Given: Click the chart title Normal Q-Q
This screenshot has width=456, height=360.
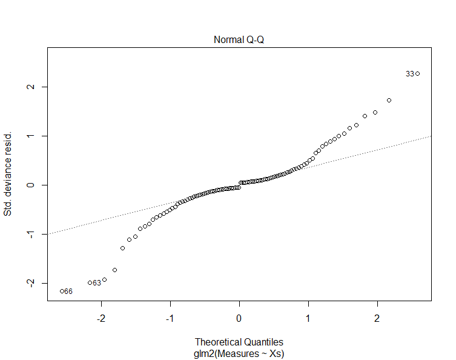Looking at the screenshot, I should (x=239, y=40).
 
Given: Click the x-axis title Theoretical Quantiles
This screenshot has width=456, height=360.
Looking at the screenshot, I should (x=239, y=342).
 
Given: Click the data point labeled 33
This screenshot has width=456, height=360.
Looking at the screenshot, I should (x=417, y=74).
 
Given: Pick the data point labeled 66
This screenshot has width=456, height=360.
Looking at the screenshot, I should (x=62, y=292).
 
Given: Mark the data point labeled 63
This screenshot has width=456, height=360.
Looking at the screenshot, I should (x=90, y=283).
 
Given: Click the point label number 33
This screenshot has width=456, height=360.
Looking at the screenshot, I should (x=410, y=74).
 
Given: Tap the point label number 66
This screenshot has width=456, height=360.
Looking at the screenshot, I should (x=68, y=292).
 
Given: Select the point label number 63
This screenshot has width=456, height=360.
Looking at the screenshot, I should (x=97, y=283).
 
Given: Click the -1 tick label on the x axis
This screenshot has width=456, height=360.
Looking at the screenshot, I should (x=170, y=319).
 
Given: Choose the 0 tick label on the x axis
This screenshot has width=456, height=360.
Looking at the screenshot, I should (x=239, y=319).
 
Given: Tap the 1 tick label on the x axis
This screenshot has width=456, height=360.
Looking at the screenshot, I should (x=308, y=319).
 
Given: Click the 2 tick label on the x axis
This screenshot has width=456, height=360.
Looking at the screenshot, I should (x=377, y=319).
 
